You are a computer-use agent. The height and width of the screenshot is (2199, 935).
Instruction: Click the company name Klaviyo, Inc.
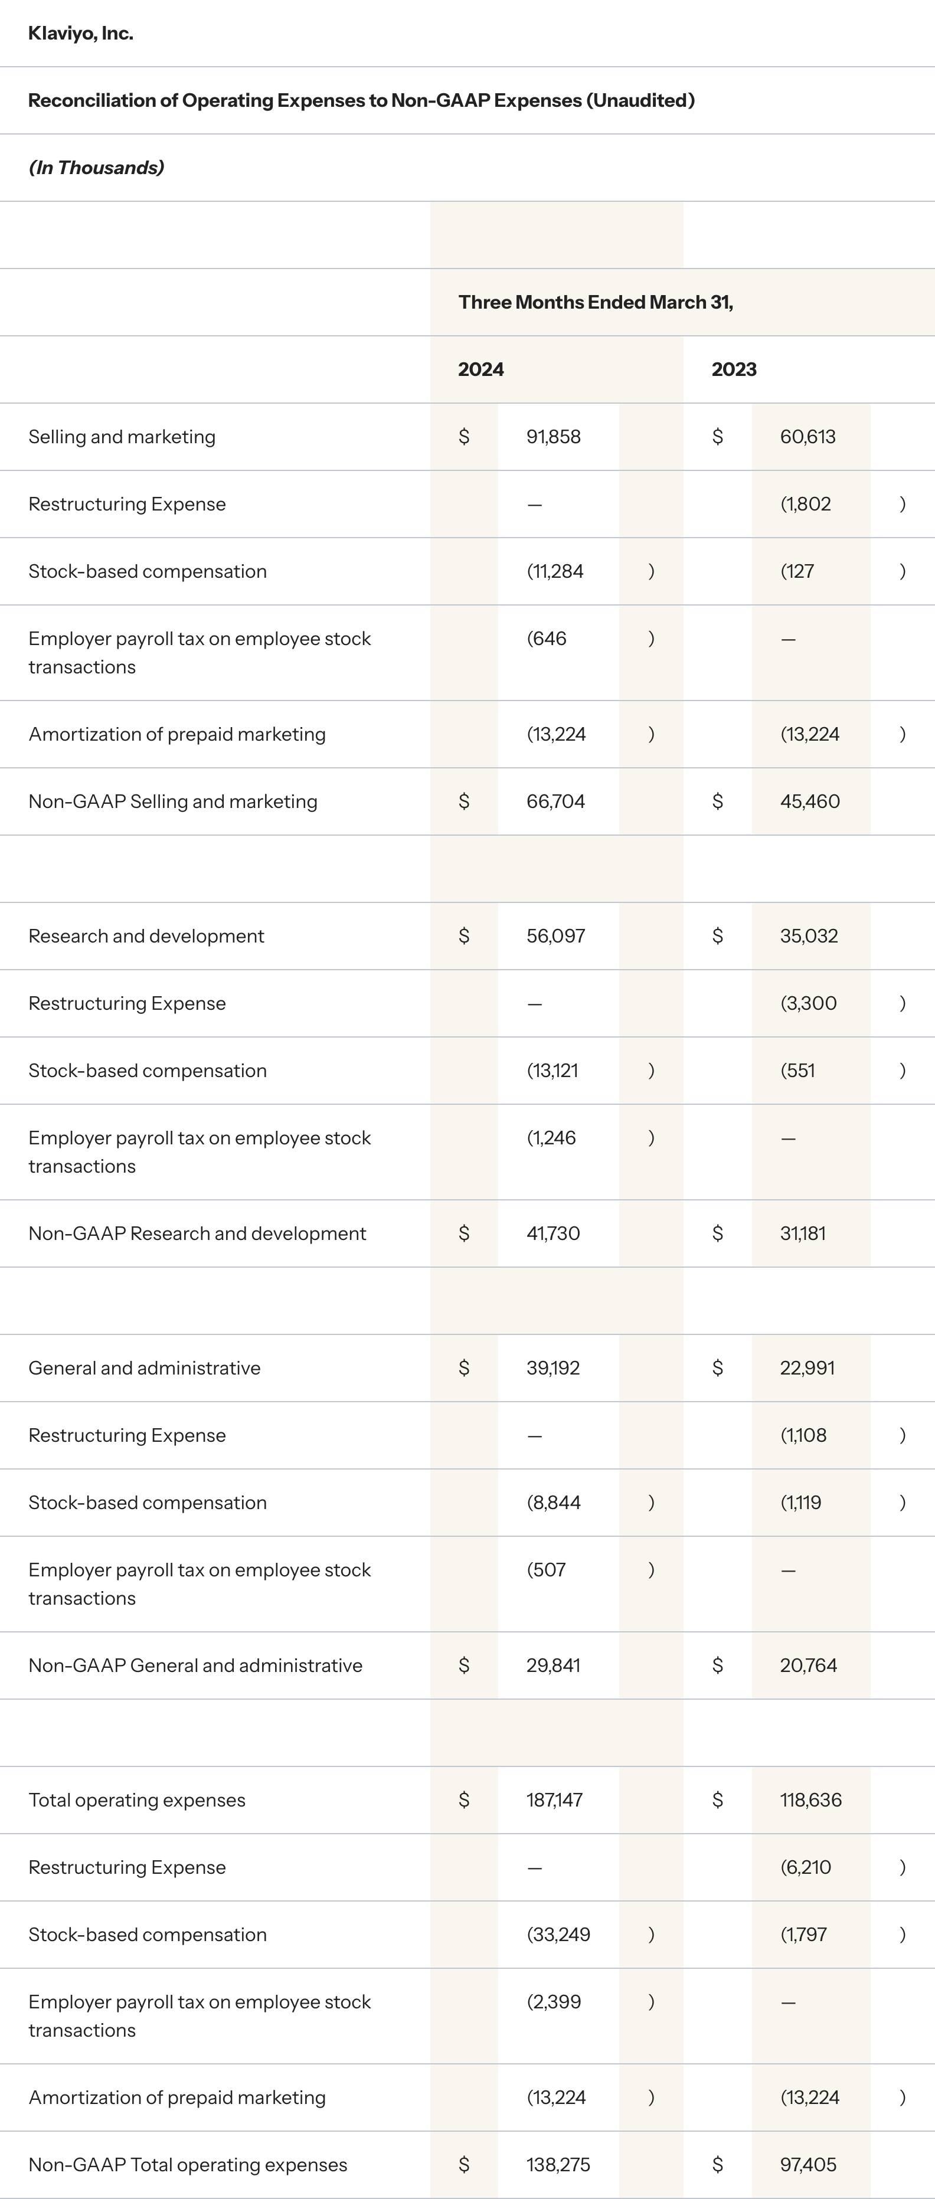point(80,33)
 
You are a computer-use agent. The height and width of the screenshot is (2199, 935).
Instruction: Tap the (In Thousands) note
point(96,168)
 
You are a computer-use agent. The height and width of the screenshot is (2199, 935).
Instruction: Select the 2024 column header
point(480,369)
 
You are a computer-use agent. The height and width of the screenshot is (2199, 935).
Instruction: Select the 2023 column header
point(734,369)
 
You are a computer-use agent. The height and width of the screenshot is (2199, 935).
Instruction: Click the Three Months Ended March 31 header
point(595,302)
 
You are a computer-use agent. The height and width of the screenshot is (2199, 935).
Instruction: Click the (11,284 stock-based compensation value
point(555,571)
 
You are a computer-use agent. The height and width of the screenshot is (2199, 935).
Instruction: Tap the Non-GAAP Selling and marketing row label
point(172,801)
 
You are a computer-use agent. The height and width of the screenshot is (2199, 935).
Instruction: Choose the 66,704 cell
point(555,801)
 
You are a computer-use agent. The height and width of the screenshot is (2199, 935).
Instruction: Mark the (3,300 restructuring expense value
point(807,1003)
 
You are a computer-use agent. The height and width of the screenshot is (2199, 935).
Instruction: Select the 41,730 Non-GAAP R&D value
point(552,1233)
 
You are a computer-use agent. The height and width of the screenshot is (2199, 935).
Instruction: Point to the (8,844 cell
point(553,1503)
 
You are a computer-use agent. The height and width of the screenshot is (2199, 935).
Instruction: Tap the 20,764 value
point(807,1665)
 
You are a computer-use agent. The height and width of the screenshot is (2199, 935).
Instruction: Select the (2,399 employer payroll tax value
point(553,2002)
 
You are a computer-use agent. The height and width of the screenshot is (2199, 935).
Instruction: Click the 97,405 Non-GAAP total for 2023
point(807,2165)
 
